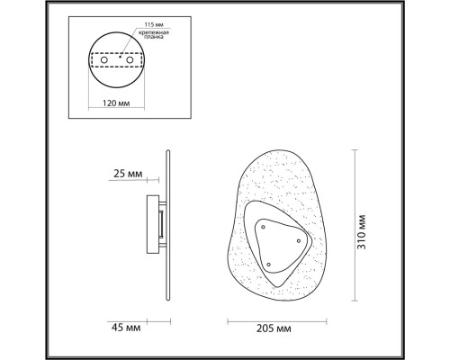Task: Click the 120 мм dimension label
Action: [x=116, y=103]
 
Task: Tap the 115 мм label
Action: [x=154, y=24]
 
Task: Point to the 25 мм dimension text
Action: [x=128, y=174]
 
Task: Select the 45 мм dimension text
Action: [x=126, y=328]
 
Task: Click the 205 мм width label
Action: [x=274, y=328]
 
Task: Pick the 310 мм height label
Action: [x=362, y=232]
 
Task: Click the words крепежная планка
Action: [x=154, y=34]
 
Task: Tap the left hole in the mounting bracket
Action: [x=104, y=60]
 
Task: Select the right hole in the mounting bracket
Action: [x=130, y=60]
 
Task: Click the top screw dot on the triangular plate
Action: [x=263, y=227]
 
